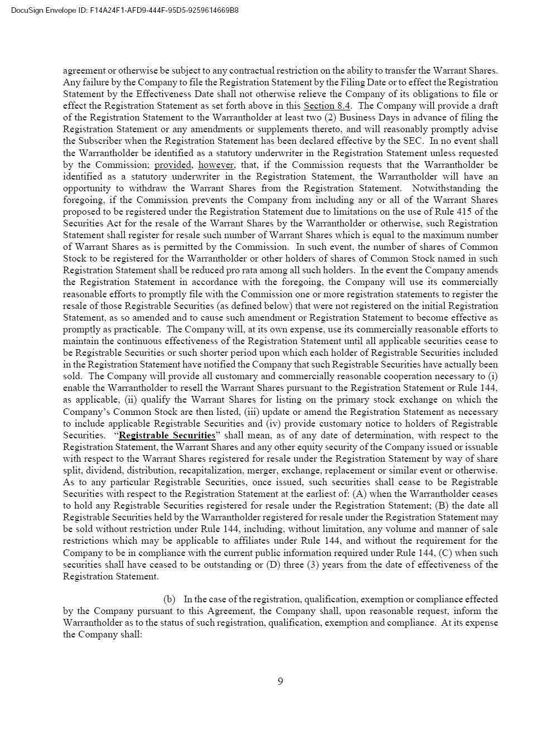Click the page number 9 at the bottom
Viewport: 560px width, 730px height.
tap(280, 681)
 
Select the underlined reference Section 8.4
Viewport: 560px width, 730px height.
tap(327, 106)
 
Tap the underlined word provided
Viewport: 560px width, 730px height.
tap(173, 165)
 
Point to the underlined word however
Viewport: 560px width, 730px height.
tap(216, 165)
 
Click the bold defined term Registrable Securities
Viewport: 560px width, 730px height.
tap(167, 436)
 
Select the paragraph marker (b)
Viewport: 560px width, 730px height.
tap(169, 600)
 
